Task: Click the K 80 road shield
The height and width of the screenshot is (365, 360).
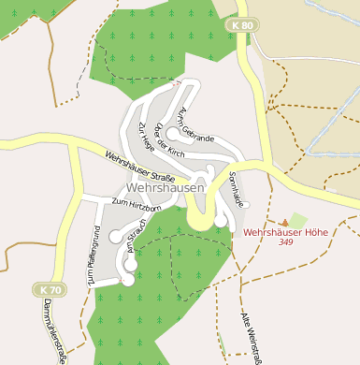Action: click(241, 25)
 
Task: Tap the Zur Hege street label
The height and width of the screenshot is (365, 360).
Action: click(148, 139)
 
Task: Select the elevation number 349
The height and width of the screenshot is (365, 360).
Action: click(286, 242)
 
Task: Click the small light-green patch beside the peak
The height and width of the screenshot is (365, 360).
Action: click(298, 220)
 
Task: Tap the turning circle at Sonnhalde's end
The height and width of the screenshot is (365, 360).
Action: click(222, 220)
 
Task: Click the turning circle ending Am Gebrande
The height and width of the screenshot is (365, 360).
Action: click(173, 134)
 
